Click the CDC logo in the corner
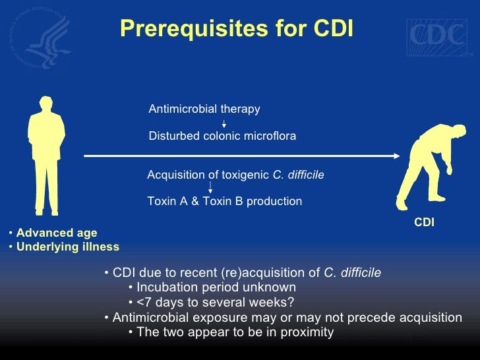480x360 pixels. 437,35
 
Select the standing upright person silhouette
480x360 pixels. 45,156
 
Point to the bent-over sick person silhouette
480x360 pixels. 425,169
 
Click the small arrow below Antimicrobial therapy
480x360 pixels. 224,123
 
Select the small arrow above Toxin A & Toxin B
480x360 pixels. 210,187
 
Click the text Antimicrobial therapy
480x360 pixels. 204,109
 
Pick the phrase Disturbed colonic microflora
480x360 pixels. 222,136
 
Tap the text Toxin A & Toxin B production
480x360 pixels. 224,201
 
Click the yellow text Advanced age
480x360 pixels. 57,233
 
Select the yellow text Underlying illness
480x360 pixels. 68,247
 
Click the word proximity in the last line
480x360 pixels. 308,332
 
